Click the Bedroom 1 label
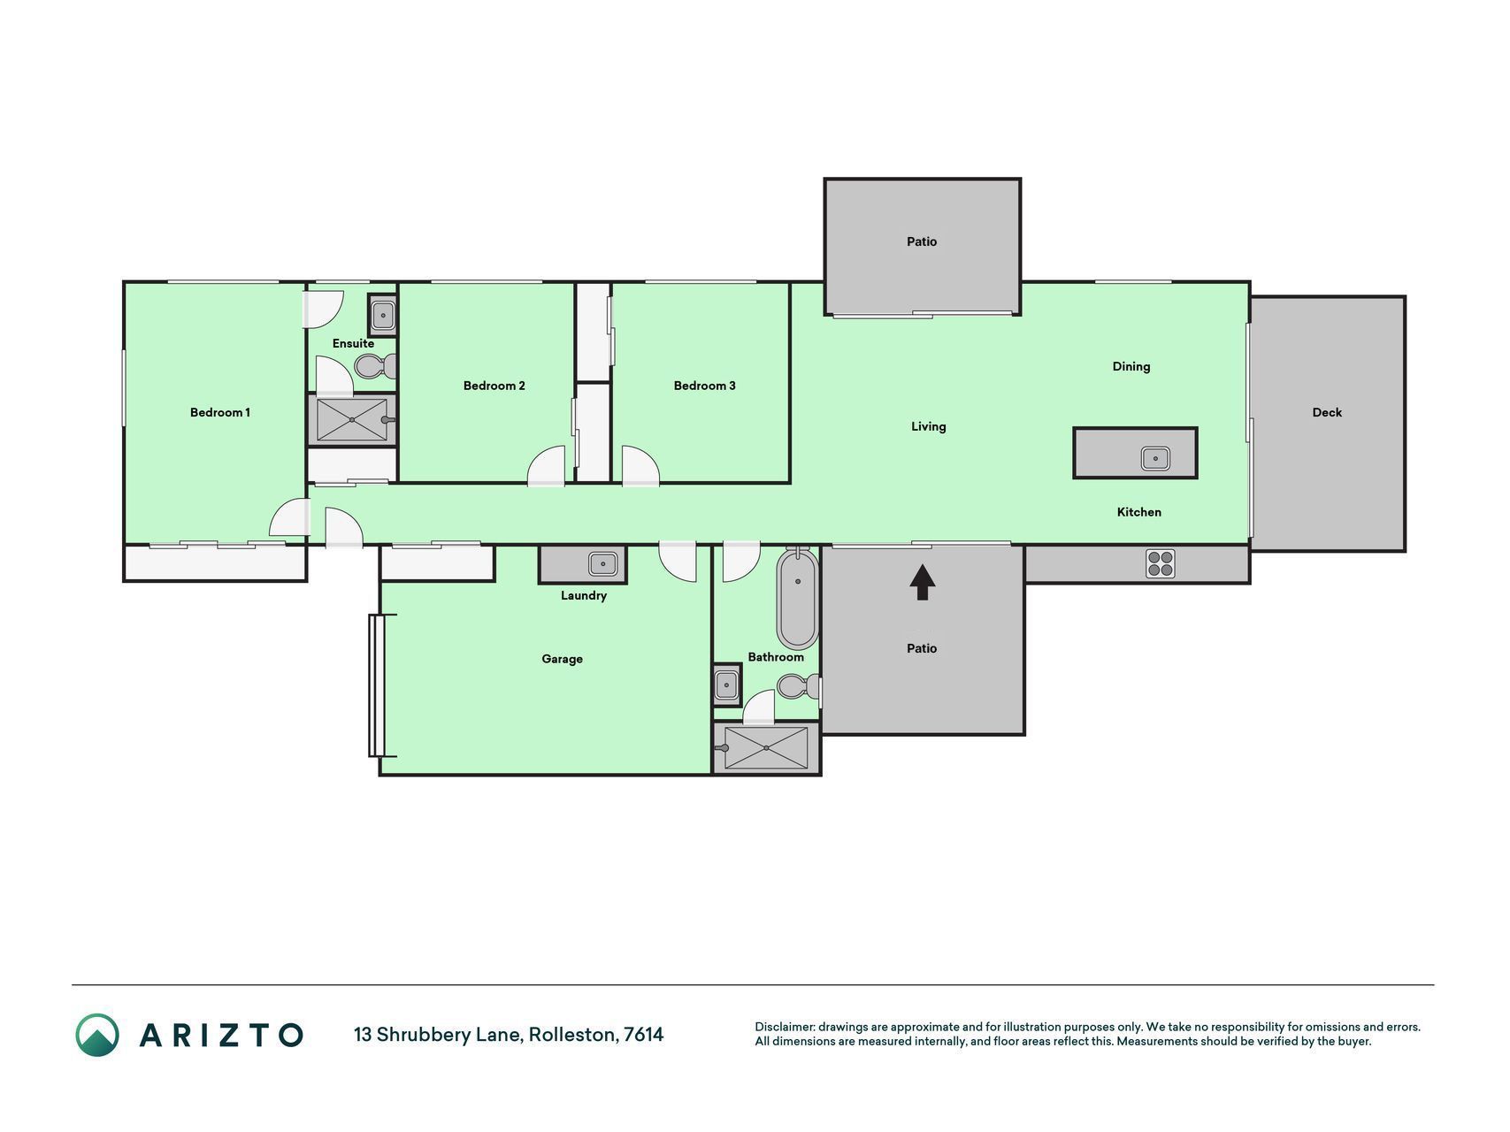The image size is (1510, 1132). (x=220, y=412)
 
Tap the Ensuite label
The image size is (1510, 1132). (x=353, y=343)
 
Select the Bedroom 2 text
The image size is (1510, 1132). (x=494, y=386)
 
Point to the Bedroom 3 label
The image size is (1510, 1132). (x=705, y=386)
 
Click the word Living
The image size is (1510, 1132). (x=929, y=426)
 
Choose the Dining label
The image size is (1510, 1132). (x=1131, y=366)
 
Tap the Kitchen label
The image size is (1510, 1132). (x=1139, y=512)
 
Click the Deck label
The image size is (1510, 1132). (x=1327, y=412)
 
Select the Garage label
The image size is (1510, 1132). (x=563, y=659)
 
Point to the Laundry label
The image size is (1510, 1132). (x=584, y=595)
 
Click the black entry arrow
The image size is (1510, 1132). (x=923, y=583)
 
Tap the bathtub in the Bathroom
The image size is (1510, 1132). (x=797, y=599)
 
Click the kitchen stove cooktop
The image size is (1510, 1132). (x=1161, y=563)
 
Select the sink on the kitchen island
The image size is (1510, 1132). (x=1155, y=458)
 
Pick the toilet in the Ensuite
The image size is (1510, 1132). (x=375, y=365)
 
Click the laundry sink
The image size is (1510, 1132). (x=603, y=562)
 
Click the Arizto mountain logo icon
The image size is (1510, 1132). (x=97, y=1035)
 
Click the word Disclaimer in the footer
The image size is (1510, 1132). (x=784, y=1027)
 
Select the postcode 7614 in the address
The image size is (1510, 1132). (x=644, y=1034)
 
